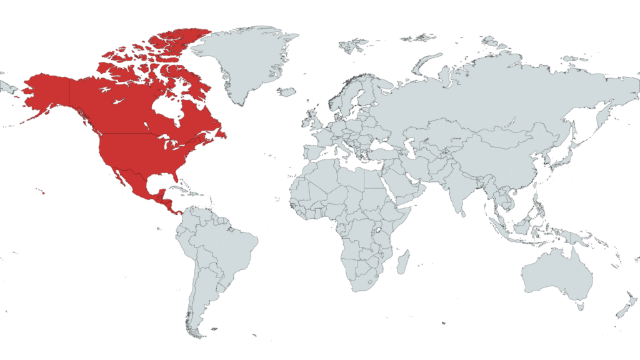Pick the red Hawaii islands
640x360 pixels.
point(42,192)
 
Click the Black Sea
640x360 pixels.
point(375,143)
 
